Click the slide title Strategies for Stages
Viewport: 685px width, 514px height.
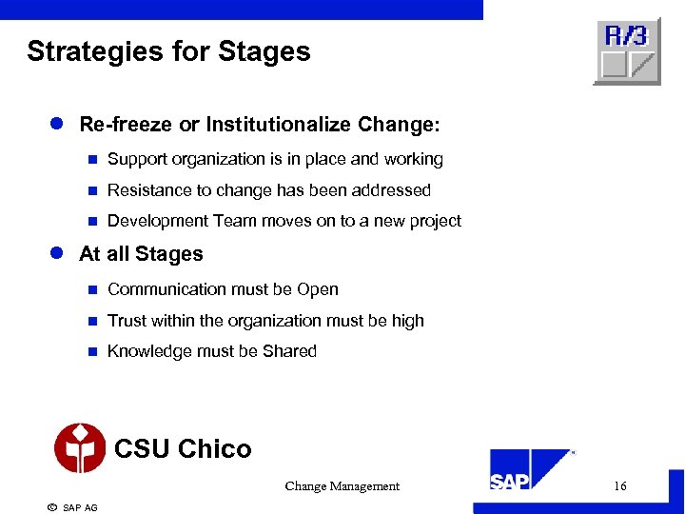coord(168,51)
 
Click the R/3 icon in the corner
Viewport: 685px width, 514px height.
coord(627,51)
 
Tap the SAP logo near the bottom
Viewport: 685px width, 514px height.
coord(530,472)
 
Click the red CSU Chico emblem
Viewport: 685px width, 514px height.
coord(80,448)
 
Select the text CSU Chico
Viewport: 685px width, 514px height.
coord(183,448)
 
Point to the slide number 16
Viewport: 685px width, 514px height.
coord(619,486)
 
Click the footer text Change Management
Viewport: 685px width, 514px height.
coord(342,486)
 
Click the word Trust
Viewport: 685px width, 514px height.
coord(127,321)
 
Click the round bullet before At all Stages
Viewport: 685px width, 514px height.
coord(56,254)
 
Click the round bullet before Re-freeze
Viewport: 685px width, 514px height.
coord(56,125)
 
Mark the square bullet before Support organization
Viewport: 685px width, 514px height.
coord(92,160)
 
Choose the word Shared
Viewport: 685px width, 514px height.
coord(289,351)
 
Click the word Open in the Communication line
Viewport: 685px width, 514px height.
coord(318,289)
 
